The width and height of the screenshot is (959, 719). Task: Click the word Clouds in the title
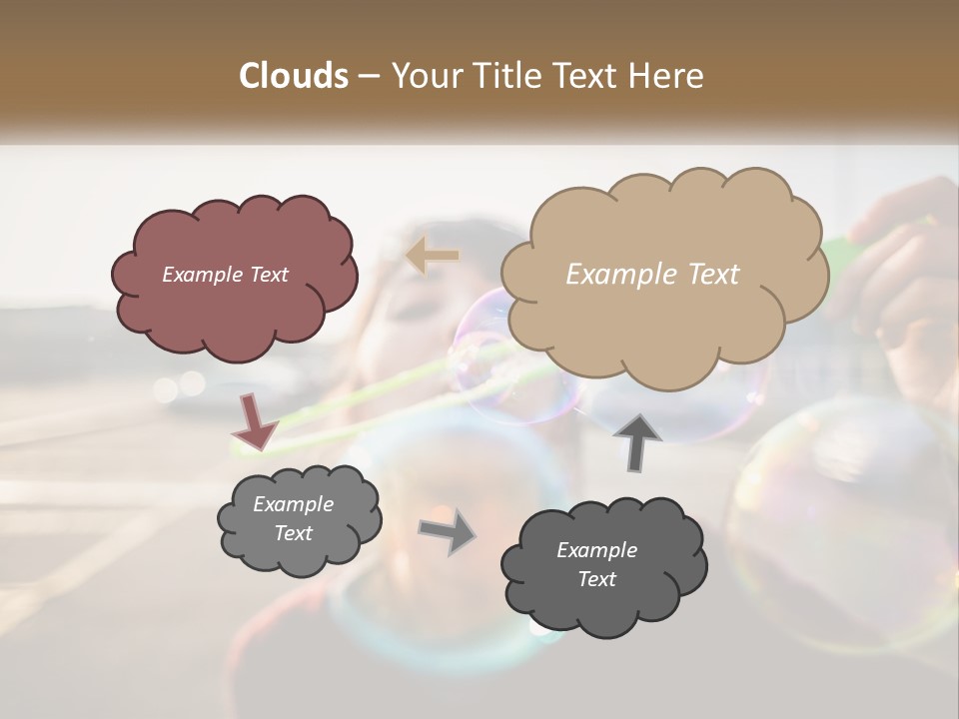coord(294,76)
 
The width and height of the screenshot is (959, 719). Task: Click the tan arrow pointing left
coord(433,256)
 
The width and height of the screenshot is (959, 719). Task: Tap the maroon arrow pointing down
coord(256,422)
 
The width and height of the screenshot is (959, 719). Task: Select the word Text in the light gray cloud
coord(293,533)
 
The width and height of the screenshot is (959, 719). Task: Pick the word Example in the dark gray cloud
coord(596,550)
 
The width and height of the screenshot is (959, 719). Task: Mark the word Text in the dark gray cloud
coord(596,579)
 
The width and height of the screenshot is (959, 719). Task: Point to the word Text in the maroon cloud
coord(268,275)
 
